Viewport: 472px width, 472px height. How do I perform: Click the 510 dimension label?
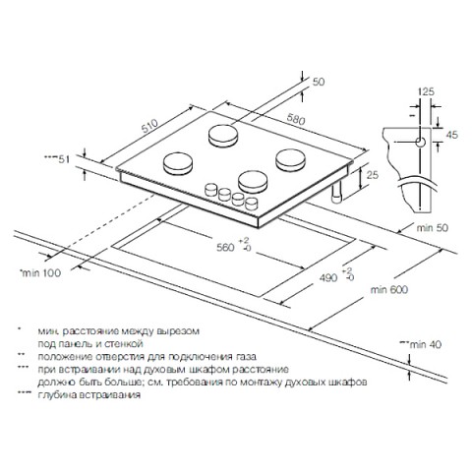(149, 125)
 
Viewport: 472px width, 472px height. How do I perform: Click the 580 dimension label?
(296, 119)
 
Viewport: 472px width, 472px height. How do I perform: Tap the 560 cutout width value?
(225, 248)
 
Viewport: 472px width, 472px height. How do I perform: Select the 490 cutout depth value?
(328, 278)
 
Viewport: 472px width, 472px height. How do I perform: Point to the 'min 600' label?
(389, 290)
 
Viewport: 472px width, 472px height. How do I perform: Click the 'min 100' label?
(41, 272)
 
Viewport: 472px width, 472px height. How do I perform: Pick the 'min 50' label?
(432, 228)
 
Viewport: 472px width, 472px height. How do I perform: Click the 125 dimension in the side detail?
(426, 91)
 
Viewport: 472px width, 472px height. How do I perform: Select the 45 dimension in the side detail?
(452, 135)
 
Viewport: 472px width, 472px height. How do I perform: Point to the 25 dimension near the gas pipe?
(372, 175)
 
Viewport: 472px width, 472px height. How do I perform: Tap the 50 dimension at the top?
(319, 82)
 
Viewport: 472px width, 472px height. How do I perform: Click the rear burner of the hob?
(223, 136)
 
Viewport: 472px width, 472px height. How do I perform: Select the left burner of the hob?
(178, 164)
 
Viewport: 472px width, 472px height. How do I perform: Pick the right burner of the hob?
(291, 160)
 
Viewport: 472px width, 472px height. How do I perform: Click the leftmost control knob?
(211, 190)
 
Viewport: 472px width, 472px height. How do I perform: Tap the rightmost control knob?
(252, 204)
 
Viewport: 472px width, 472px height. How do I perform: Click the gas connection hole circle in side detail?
(420, 143)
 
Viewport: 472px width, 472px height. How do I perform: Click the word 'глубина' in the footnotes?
(58, 395)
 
